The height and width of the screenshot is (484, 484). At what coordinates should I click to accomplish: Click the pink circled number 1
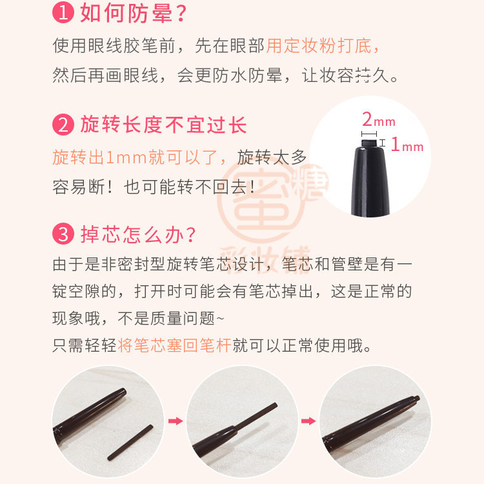pyautogui.click(x=63, y=13)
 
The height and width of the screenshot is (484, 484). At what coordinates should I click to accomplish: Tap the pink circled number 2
pyautogui.click(x=63, y=125)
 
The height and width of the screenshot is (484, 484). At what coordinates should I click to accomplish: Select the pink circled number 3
pyautogui.click(x=63, y=234)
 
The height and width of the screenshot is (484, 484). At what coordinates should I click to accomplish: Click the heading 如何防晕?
pyautogui.click(x=134, y=13)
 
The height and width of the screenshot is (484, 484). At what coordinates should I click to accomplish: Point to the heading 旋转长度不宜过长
pyautogui.click(x=164, y=125)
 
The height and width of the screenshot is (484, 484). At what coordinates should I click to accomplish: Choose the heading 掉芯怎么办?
pyautogui.click(x=138, y=234)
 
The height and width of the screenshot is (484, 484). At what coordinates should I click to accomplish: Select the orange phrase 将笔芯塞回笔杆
pyautogui.click(x=174, y=345)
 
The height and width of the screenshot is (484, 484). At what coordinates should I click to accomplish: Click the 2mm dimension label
pyautogui.click(x=378, y=119)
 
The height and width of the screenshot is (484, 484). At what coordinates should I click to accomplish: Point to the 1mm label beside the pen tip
pyautogui.click(x=407, y=145)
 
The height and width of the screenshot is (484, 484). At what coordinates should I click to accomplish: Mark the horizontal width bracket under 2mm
pyautogui.click(x=369, y=134)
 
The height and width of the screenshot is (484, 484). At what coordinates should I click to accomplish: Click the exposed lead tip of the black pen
pyautogui.click(x=369, y=143)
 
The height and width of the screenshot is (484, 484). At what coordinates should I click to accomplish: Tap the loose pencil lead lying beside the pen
pyautogui.click(x=130, y=442)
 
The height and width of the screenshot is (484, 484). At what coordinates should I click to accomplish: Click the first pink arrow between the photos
pyautogui.click(x=176, y=421)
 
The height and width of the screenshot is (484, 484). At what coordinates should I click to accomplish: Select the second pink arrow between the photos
pyautogui.click(x=308, y=421)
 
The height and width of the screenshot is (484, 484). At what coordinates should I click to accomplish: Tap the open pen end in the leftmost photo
pyautogui.click(x=122, y=393)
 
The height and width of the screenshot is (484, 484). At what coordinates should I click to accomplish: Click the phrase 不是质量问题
pyautogui.click(x=166, y=318)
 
